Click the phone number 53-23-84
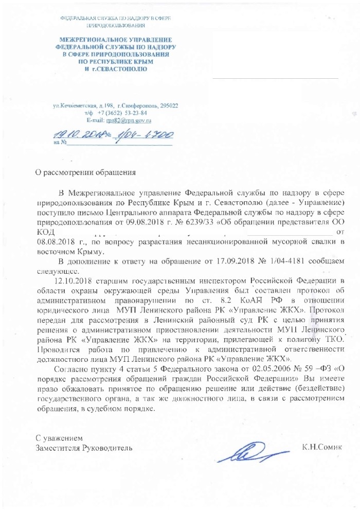135,113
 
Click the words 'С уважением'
58,438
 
